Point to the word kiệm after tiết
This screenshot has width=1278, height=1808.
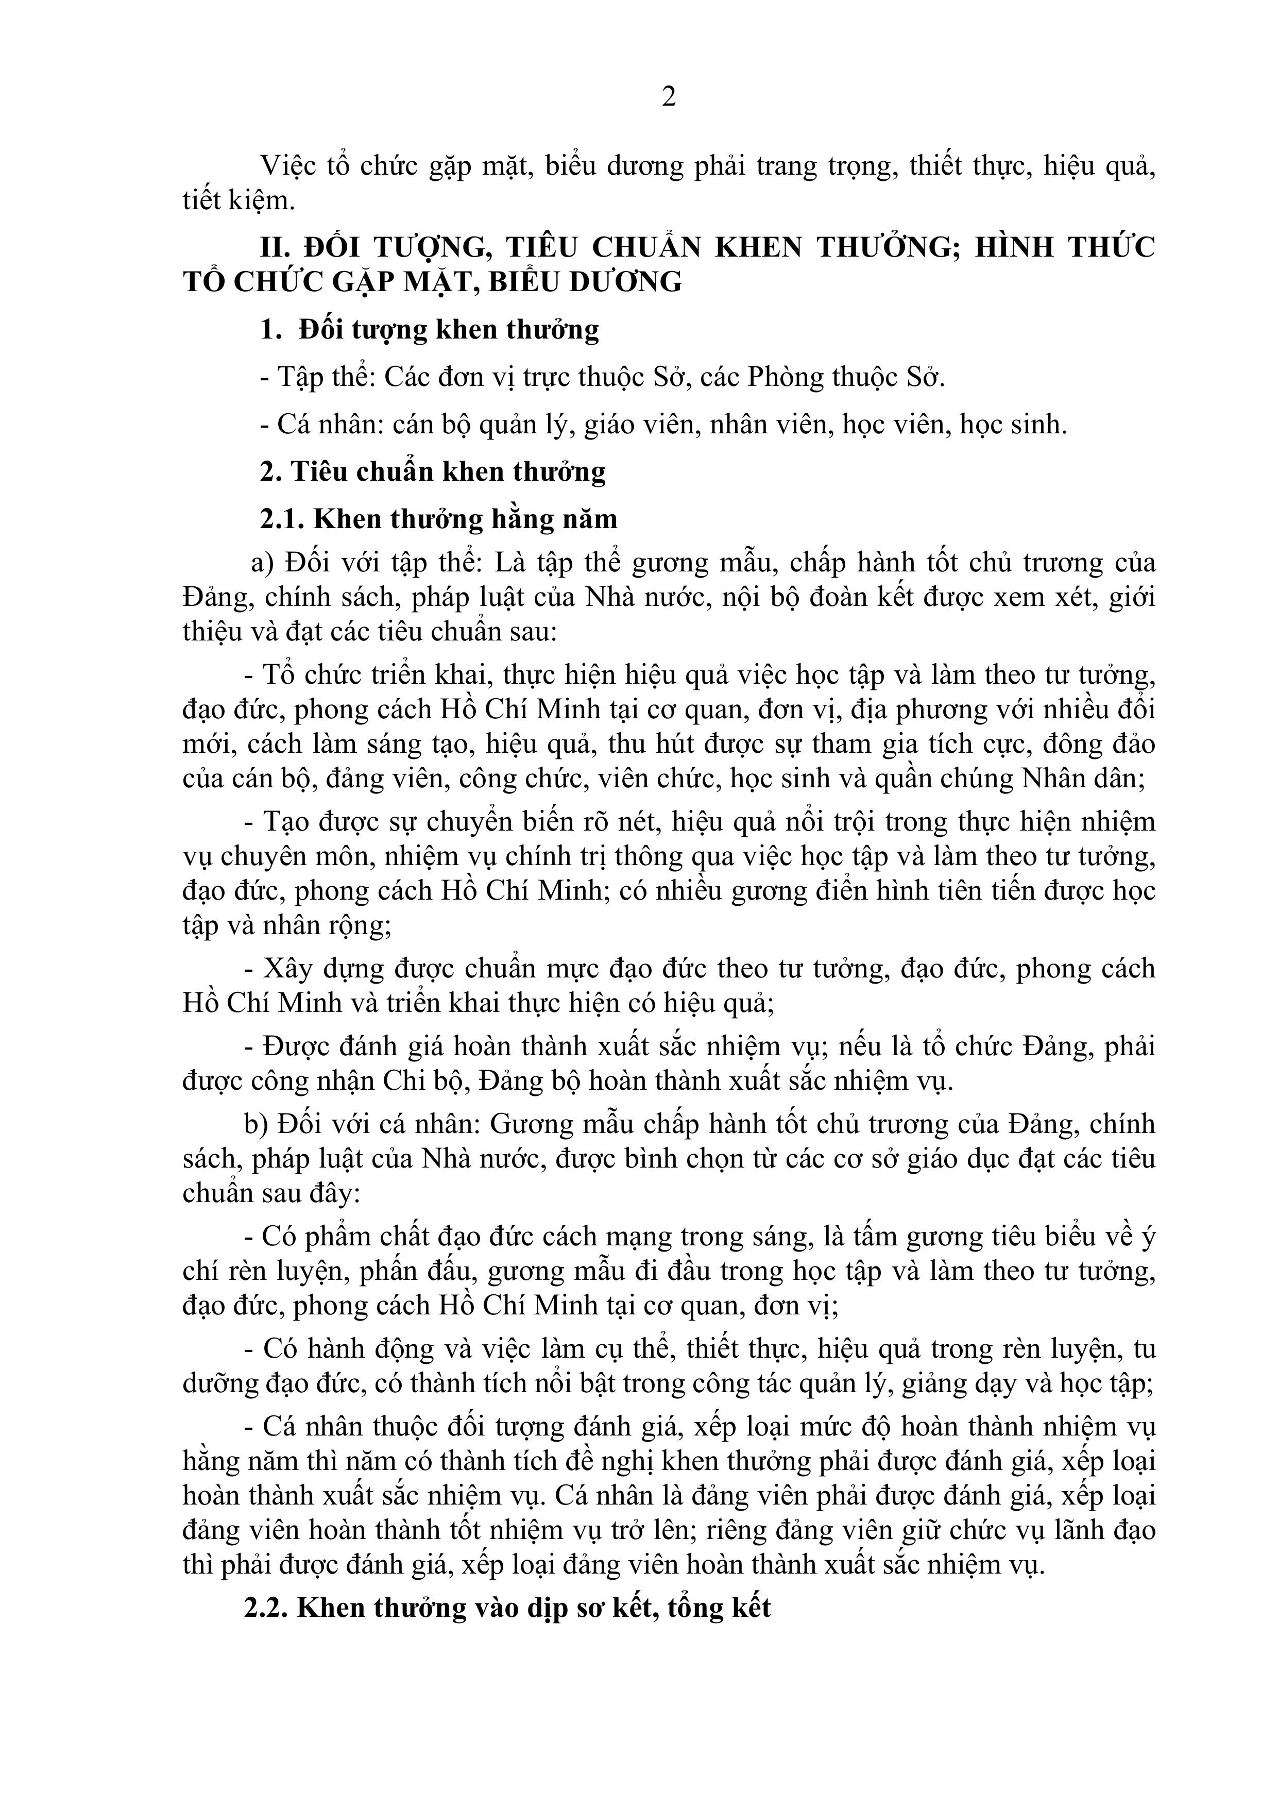262,201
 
